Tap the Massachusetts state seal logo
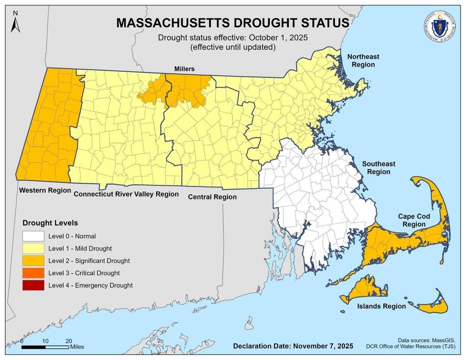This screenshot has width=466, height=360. pos(438,27)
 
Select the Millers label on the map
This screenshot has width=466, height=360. pos(184,69)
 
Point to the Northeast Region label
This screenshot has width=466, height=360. pos(363,61)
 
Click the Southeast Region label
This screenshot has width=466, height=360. pos(378,168)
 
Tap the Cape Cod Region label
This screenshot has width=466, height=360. pos(414,220)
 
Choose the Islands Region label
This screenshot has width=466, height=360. pos(381,306)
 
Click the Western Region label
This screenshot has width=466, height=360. pos(45,190)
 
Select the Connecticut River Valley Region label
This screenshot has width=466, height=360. pos(126,194)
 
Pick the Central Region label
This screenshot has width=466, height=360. pos(212,197)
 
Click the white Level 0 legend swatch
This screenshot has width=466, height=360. pos(33,236)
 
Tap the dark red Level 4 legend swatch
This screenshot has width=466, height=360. pos(33,285)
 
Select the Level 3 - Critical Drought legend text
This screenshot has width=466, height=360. pos(84,273)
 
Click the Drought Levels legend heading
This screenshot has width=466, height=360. pos(50,223)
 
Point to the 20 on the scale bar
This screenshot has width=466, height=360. pos(68,341)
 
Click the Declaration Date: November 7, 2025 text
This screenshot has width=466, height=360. pos(293,346)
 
